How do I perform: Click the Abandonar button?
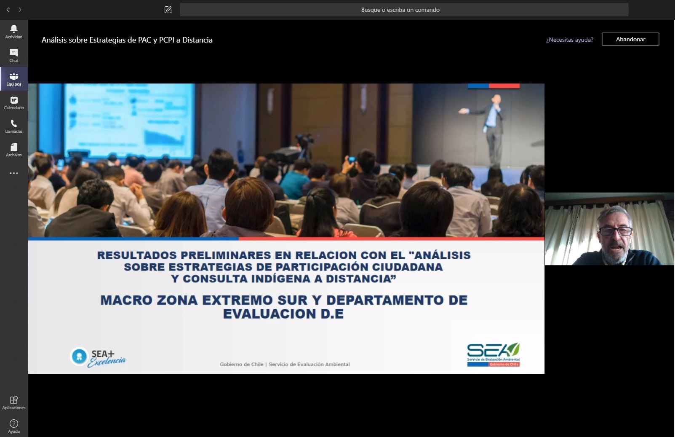tap(630, 39)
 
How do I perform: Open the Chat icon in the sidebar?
tap(13, 53)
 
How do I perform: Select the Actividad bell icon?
tap(13, 29)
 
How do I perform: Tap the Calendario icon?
tap(14, 100)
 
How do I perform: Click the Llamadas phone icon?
tap(13, 123)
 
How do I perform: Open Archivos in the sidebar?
tap(14, 147)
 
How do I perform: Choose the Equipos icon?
tap(14, 76)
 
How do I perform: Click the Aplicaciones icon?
tap(14, 399)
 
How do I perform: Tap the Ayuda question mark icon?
tap(14, 424)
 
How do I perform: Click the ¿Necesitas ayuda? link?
tap(570, 40)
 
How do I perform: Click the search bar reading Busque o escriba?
tap(404, 10)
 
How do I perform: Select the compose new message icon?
tap(168, 10)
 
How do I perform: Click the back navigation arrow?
tap(8, 10)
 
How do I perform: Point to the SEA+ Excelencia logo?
tap(98, 357)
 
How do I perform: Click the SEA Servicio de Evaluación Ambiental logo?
tap(493, 354)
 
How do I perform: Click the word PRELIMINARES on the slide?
tap(235, 255)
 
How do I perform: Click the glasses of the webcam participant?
tap(615, 231)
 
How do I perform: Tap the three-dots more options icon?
tap(14, 173)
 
